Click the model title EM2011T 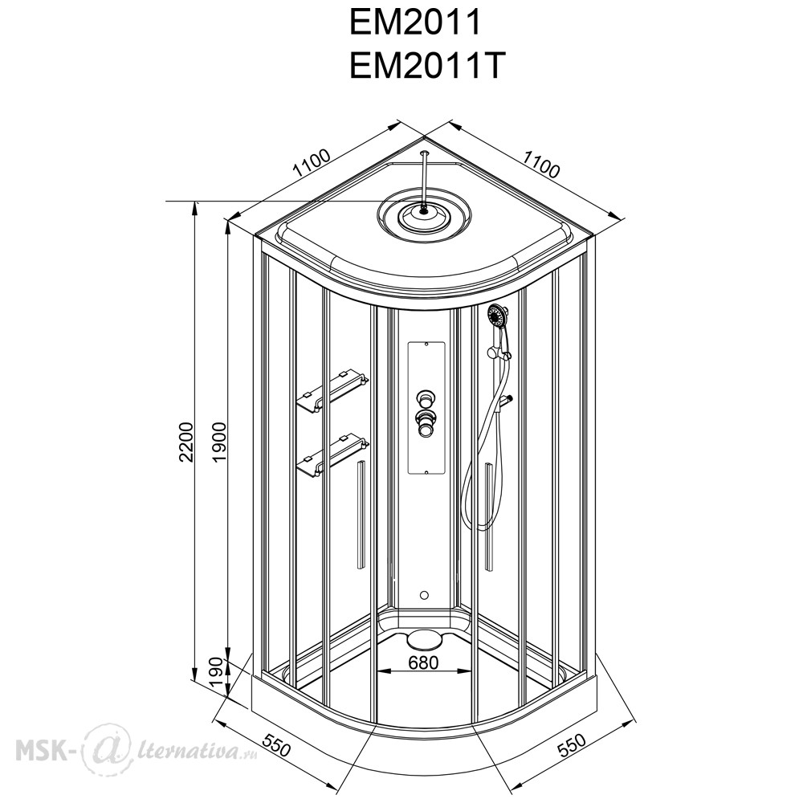(x=425, y=66)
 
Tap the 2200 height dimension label (x=187, y=442)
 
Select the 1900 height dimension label (x=219, y=442)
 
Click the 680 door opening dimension (x=423, y=662)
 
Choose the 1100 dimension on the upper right (x=541, y=163)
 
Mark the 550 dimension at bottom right (x=571, y=746)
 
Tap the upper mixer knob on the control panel (x=425, y=397)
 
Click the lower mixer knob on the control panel (x=425, y=422)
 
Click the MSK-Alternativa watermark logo (x=137, y=749)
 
